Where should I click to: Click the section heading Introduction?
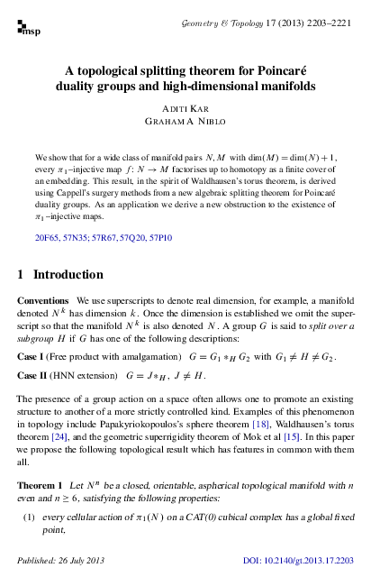(68, 273)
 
